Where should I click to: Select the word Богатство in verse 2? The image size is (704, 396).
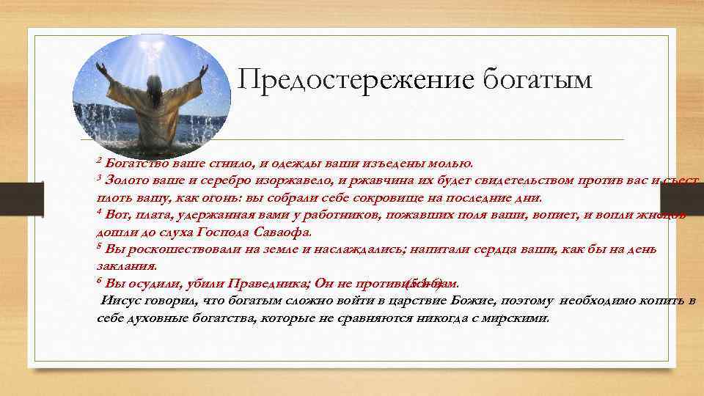(137, 162)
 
